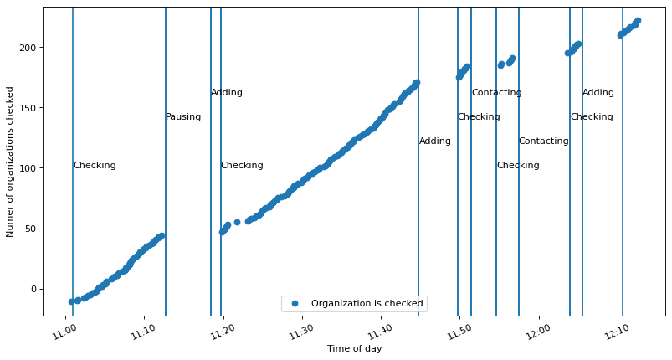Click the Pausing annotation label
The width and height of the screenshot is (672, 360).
(x=183, y=117)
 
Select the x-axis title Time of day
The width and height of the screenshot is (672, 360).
(x=354, y=348)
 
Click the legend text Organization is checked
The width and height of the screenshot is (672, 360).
(x=367, y=303)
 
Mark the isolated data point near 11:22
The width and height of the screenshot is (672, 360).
(x=237, y=222)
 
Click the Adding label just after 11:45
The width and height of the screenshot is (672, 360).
(x=435, y=141)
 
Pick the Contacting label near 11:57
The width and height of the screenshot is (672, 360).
(x=543, y=141)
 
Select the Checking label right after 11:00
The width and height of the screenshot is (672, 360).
(x=95, y=166)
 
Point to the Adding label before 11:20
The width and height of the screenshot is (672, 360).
(x=227, y=93)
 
